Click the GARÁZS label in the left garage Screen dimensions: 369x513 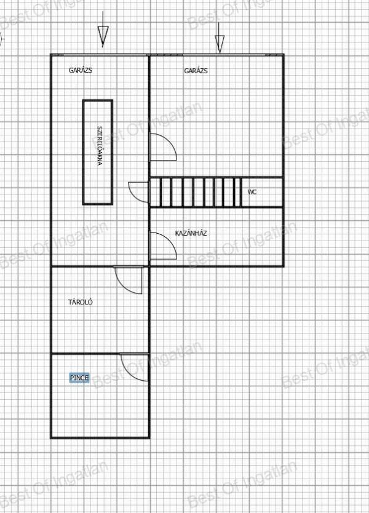pyautogui.click(x=81, y=70)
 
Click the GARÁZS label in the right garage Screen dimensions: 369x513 pyautogui.click(x=196, y=71)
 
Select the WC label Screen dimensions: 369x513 pyautogui.click(x=252, y=192)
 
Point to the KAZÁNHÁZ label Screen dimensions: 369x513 pyautogui.click(x=191, y=233)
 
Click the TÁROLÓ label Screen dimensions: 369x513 pyautogui.click(x=81, y=302)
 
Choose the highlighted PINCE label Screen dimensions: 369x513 pyautogui.click(x=79, y=378)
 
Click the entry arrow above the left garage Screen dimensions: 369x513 pyautogui.click(x=103, y=30)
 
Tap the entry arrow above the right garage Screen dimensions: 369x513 pyautogui.click(x=220, y=38)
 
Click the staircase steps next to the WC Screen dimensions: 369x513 pyautogui.click(x=196, y=192)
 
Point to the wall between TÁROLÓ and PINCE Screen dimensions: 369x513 pyautogui.click(x=100, y=353)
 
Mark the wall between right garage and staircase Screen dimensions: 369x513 pyautogui.click(x=216, y=178)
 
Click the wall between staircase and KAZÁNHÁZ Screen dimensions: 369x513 pyautogui.click(x=216, y=207)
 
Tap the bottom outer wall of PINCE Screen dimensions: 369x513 pyautogui.click(x=100, y=437)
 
